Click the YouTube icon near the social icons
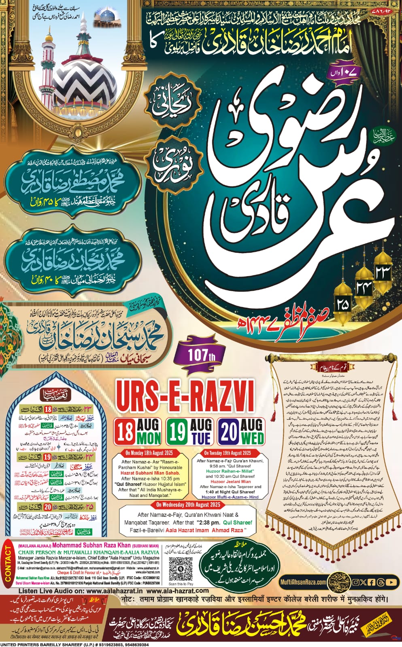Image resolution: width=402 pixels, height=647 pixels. (391, 582)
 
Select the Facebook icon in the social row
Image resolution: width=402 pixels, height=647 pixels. (372, 582)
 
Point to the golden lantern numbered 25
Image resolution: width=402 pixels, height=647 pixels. (342, 304)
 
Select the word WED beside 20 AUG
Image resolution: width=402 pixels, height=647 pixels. (252, 438)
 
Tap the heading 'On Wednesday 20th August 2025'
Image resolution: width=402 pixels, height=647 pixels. (188, 504)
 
